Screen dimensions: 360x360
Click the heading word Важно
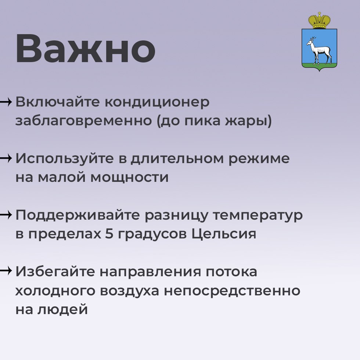(x=85, y=48)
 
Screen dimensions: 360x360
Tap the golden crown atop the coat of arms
(x=319, y=21)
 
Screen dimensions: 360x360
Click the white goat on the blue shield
(x=319, y=50)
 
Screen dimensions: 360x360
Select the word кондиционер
(x=157, y=102)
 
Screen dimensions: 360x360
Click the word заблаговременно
(x=84, y=121)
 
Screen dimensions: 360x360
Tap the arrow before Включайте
(x=6, y=102)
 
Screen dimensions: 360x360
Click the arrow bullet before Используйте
(x=6, y=158)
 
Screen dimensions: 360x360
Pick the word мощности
(x=130, y=177)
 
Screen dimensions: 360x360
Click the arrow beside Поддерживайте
(x=6, y=215)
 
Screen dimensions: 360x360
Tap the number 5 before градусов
(x=109, y=234)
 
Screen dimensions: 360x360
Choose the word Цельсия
(x=224, y=234)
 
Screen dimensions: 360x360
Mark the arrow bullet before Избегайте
(x=6, y=271)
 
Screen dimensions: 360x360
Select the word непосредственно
(x=232, y=291)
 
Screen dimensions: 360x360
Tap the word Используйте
(x=65, y=159)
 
